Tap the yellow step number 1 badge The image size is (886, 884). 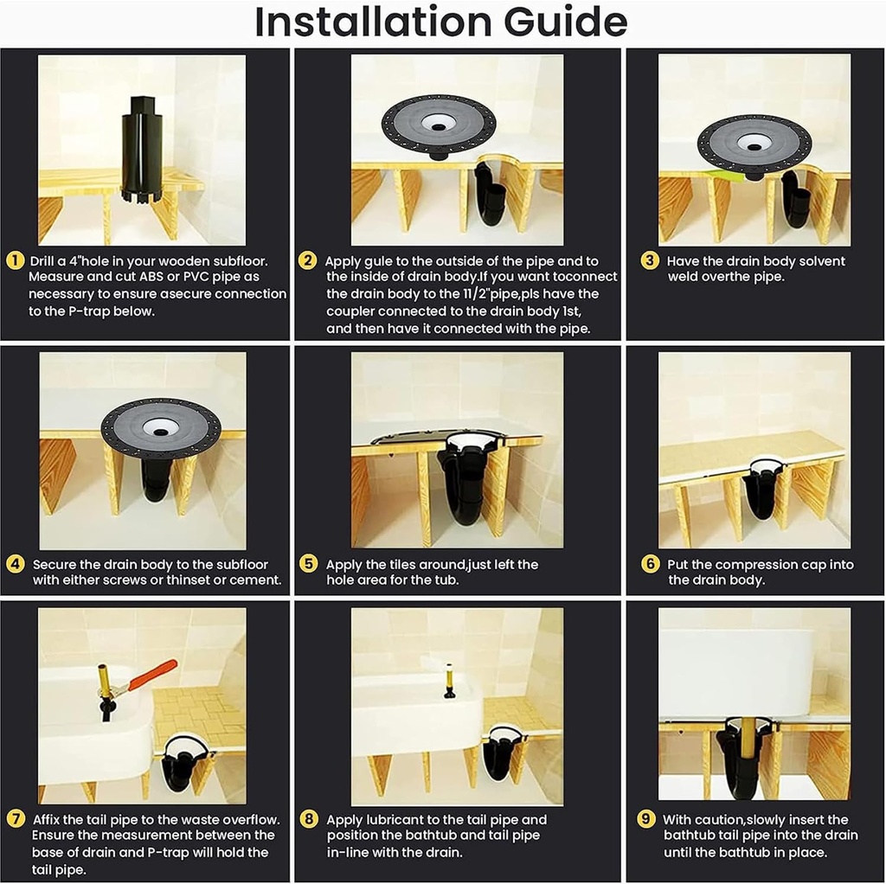[15, 260]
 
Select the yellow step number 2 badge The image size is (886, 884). [307, 260]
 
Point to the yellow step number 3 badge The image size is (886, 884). [649, 260]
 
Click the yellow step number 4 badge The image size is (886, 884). [15, 564]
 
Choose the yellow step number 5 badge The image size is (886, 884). [308, 564]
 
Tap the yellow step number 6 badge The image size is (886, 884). [650, 564]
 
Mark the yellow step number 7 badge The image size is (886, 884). [15, 819]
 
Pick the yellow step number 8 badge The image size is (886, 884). [308, 819]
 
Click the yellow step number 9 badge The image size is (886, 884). [645, 819]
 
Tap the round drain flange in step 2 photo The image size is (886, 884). [439, 124]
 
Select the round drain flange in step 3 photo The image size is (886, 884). [754, 143]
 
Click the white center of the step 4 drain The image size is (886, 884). [161, 426]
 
